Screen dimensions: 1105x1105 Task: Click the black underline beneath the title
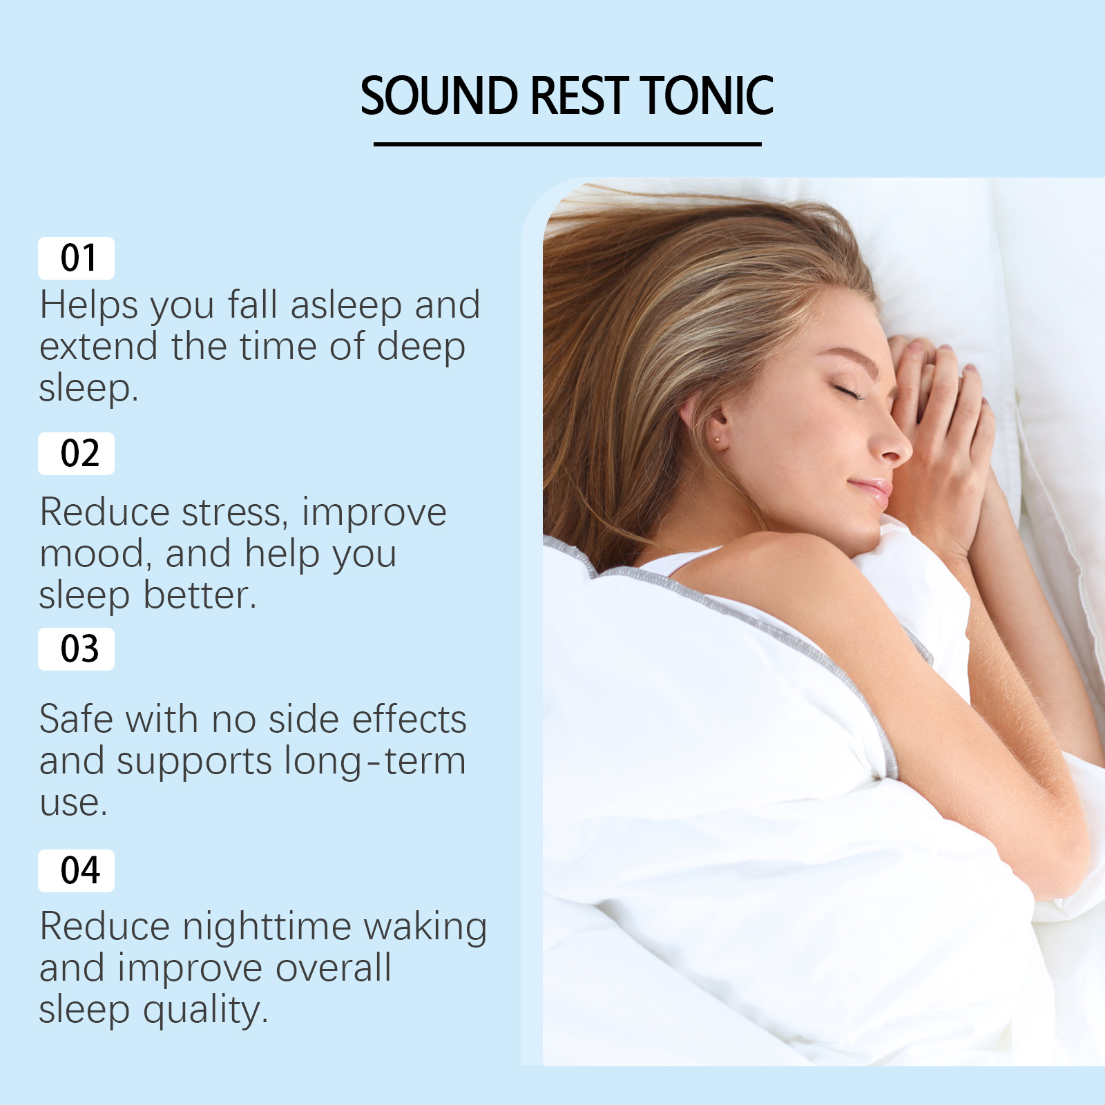tap(567, 144)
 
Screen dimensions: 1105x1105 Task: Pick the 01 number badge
tap(76, 258)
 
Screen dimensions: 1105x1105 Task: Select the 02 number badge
tap(76, 454)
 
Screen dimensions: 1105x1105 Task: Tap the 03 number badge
tap(76, 649)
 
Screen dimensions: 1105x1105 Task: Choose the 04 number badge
tap(76, 870)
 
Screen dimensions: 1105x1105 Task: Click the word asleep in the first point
tap(346, 306)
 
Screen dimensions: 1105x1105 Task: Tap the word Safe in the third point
tap(76, 720)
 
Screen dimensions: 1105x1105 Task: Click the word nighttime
tap(267, 928)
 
